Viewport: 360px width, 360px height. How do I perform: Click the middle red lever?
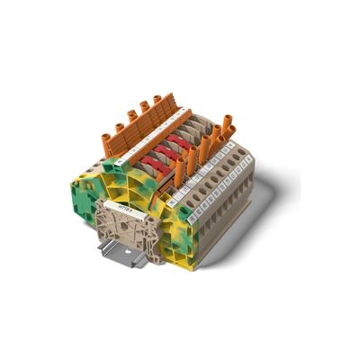[x=166, y=153]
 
